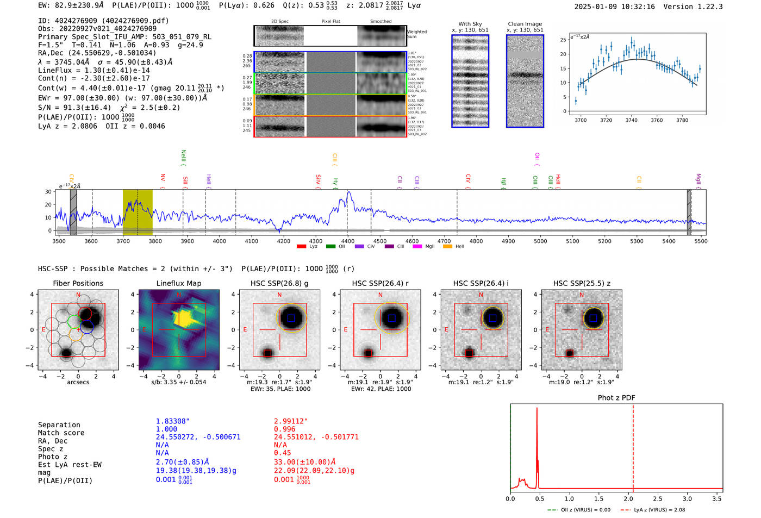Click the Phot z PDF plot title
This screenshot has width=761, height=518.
pos(616,397)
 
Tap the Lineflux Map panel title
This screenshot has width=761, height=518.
pos(178,283)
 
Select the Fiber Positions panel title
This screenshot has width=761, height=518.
pos(78,283)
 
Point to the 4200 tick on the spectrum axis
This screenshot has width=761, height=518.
pos(283,241)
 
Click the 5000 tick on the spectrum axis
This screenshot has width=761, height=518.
pos(540,241)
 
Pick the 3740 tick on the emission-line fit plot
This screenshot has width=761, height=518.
pos(631,120)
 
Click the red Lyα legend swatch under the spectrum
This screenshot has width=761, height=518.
pos(301,247)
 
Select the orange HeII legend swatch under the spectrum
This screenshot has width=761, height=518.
pos(447,247)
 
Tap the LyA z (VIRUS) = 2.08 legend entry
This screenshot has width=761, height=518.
pos(652,510)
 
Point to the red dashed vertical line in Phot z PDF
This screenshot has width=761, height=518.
pos(633,446)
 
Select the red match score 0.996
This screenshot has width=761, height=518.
pos(285,429)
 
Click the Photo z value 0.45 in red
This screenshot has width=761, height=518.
pos(282,453)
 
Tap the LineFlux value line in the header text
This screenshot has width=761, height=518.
pos(93,70)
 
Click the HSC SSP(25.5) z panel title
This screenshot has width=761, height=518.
pos(582,283)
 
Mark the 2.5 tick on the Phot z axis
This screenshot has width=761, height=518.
pos(658,498)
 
